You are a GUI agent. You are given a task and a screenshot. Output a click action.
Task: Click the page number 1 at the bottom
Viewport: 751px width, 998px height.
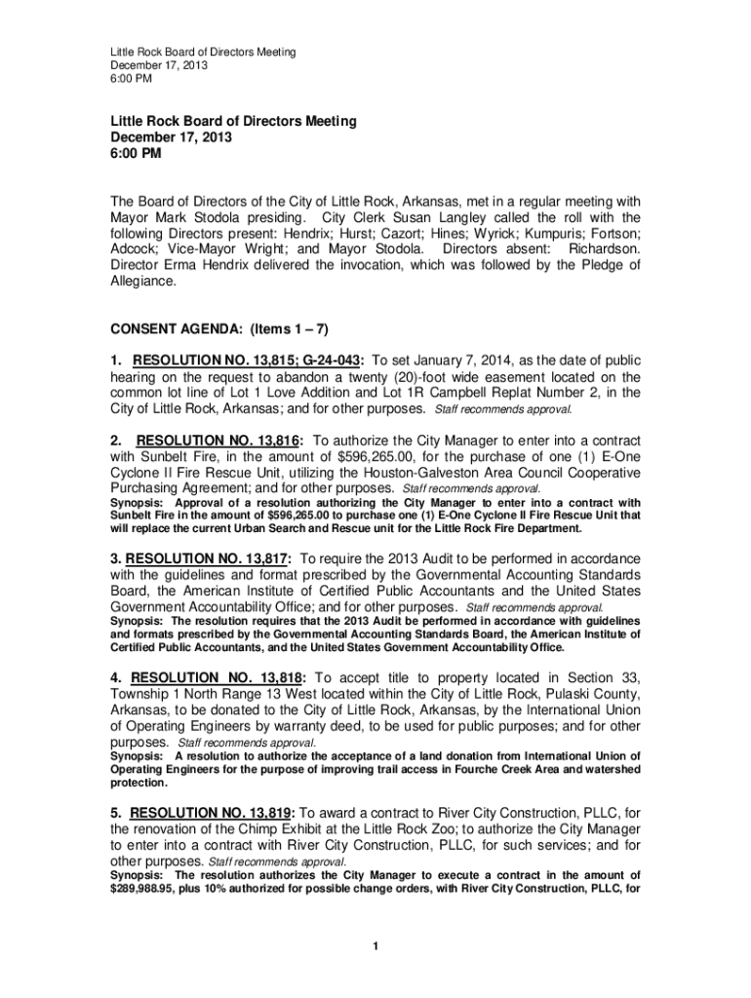point(375,947)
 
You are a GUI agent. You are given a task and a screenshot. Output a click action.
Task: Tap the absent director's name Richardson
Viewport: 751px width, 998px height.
point(606,249)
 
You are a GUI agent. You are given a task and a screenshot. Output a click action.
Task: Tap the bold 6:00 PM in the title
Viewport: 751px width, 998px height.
point(136,153)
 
